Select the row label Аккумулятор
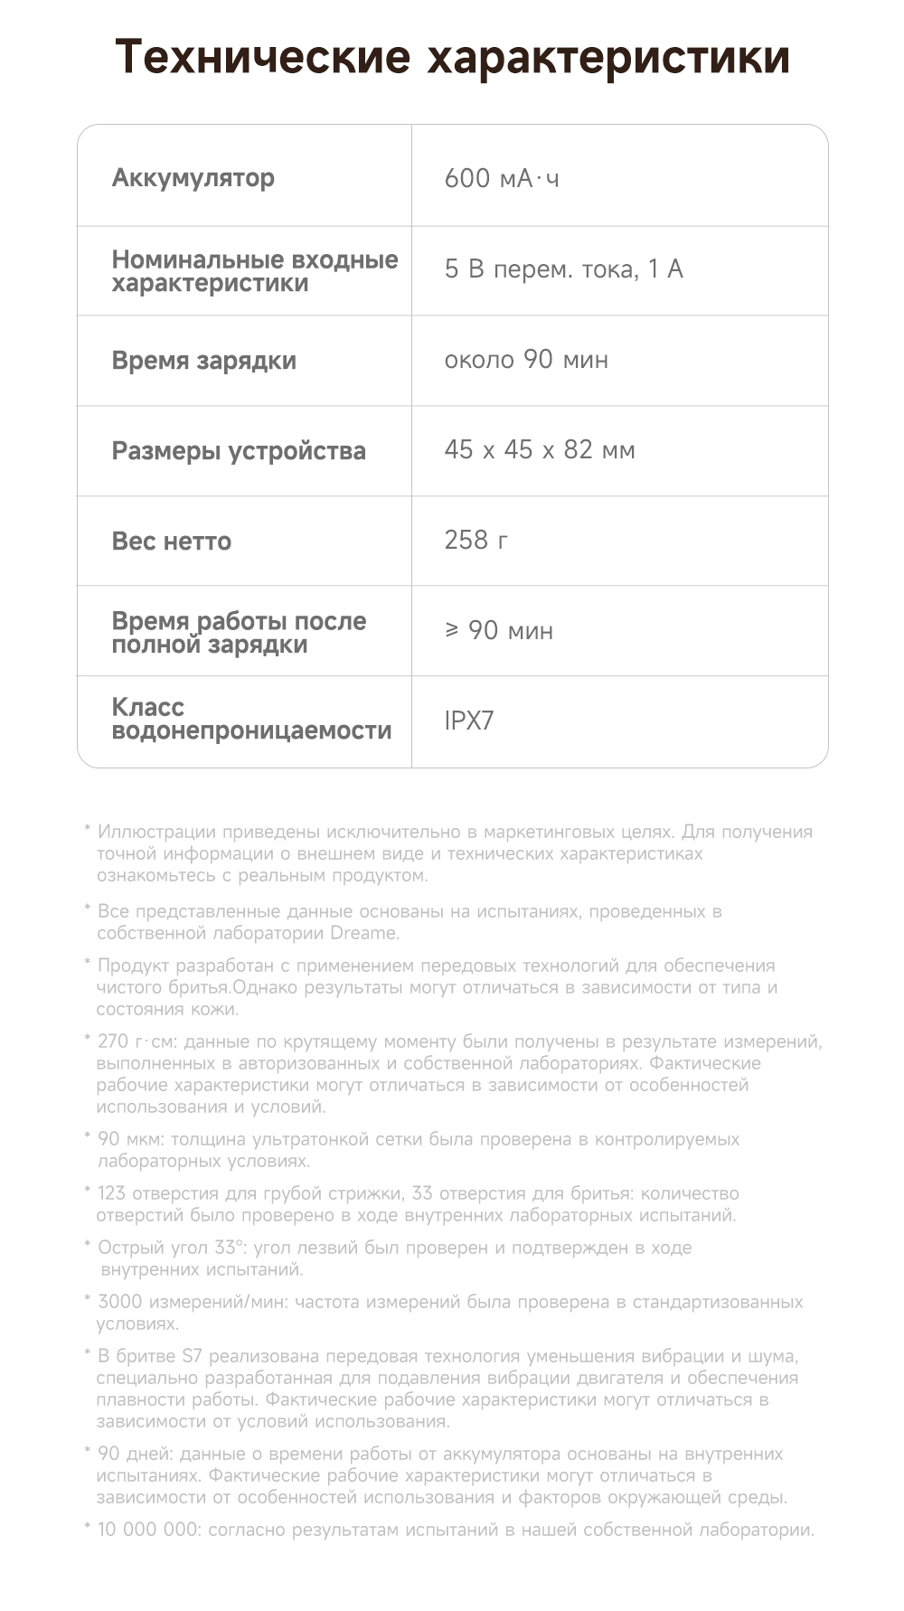[x=193, y=177]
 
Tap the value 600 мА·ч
[x=502, y=178]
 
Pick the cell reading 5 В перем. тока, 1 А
[x=563, y=268]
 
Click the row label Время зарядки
[x=203, y=360]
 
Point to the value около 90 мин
[x=526, y=359]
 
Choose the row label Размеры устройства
[x=239, y=450]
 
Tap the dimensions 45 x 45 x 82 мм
[x=540, y=449]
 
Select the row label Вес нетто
[x=171, y=541]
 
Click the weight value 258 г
[x=476, y=540]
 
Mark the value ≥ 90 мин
[x=499, y=630]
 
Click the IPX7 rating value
[x=469, y=721]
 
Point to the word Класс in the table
[x=147, y=707]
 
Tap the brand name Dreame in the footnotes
[x=363, y=933]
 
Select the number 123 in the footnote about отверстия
[x=111, y=1193]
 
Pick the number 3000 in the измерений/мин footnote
[x=119, y=1302]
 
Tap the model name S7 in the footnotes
[x=193, y=1356]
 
